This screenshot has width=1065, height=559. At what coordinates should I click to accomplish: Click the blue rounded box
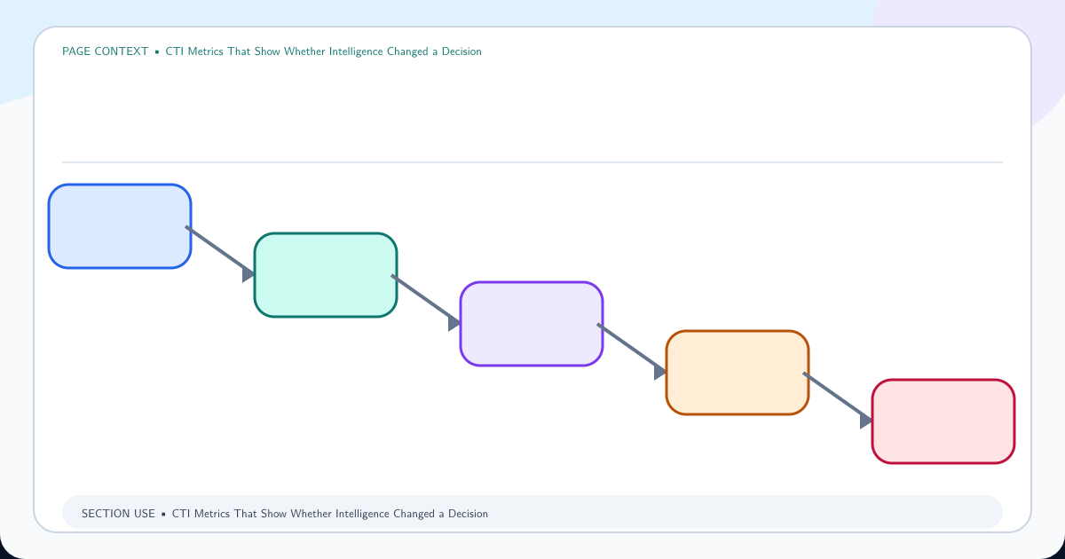tap(120, 226)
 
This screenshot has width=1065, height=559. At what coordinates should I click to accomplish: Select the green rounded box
tap(326, 275)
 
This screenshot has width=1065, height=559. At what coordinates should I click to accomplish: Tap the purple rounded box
tap(532, 324)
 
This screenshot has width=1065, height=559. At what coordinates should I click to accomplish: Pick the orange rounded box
tap(738, 373)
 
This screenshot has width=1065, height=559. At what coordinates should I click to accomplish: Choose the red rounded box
tap(943, 421)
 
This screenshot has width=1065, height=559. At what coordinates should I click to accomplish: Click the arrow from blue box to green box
tap(220, 252)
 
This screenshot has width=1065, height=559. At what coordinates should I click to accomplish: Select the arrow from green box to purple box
tap(425, 301)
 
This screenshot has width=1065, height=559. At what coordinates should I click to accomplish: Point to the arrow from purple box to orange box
tap(631, 350)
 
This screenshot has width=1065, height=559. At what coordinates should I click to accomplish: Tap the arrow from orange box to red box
tap(837, 398)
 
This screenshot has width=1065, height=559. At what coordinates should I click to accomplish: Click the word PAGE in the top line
tap(76, 51)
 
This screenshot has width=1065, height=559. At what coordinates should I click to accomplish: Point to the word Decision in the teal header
tap(461, 51)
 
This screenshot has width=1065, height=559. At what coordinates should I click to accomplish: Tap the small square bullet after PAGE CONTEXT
tap(157, 51)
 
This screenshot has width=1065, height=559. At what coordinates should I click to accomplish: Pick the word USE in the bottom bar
tap(145, 514)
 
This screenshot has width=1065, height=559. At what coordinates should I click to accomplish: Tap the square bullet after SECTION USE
tap(163, 515)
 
